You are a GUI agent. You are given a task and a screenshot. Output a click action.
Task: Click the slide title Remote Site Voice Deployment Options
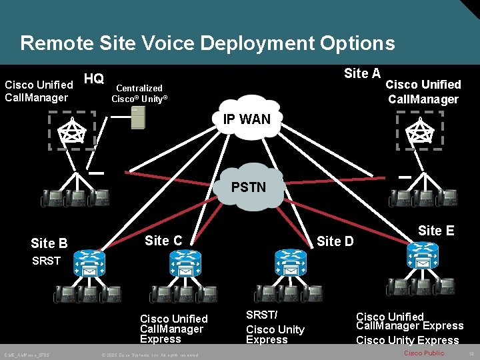[x=207, y=44]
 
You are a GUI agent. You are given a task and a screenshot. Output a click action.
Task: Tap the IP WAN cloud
[x=247, y=121]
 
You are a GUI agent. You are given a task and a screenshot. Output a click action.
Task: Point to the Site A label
[x=362, y=74]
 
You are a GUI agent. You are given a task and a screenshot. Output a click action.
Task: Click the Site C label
[x=163, y=241]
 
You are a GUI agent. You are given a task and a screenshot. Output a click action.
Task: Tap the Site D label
[x=335, y=241]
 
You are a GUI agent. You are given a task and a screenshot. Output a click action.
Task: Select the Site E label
[x=436, y=231]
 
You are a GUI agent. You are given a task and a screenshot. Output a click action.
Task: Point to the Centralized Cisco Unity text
[x=139, y=93]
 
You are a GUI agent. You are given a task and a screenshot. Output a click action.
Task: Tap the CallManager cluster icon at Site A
[x=419, y=131]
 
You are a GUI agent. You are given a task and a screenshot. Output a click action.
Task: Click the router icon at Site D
[x=290, y=262]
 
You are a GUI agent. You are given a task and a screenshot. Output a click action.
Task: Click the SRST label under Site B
[x=46, y=261]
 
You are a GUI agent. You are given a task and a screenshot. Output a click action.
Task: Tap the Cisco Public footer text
[x=424, y=353]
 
